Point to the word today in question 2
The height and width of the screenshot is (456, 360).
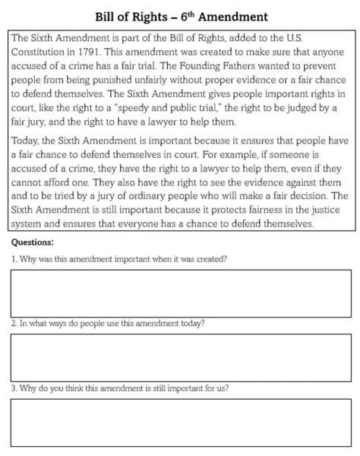(x=191, y=323)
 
